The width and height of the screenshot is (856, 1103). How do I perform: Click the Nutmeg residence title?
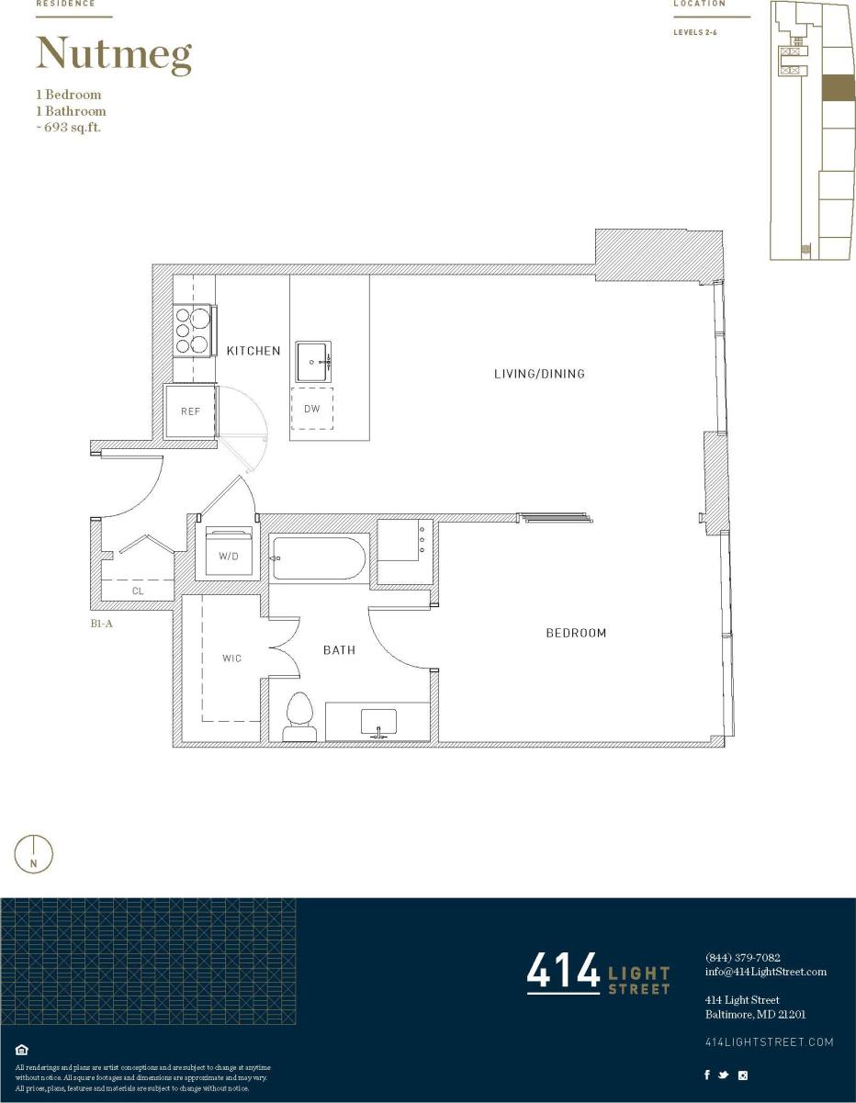(114, 55)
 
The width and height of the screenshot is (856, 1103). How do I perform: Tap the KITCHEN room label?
(253, 351)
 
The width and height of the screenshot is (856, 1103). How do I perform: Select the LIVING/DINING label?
(539, 374)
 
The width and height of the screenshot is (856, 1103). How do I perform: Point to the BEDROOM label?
(576, 633)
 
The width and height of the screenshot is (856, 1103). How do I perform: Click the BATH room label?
(339, 650)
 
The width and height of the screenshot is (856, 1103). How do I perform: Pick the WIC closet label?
(231, 658)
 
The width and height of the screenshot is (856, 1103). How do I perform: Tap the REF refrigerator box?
(190, 411)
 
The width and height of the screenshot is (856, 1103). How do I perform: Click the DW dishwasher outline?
(312, 409)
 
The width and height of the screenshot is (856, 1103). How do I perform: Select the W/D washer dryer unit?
(229, 552)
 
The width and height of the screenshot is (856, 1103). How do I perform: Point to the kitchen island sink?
(313, 362)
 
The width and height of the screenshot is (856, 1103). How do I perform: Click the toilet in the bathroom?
(300, 716)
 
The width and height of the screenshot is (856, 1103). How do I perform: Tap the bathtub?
(319, 558)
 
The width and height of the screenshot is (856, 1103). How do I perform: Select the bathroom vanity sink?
(377, 721)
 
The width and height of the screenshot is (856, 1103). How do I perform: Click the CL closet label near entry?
(138, 591)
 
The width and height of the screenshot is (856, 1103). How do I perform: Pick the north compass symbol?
(34, 854)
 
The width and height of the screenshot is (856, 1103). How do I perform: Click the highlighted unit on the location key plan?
(837, 87)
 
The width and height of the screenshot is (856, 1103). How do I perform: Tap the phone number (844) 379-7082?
(742, 957)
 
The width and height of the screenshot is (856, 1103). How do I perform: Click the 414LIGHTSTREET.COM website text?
(769, 1041)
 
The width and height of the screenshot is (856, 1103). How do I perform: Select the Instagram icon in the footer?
(743, 1075)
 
